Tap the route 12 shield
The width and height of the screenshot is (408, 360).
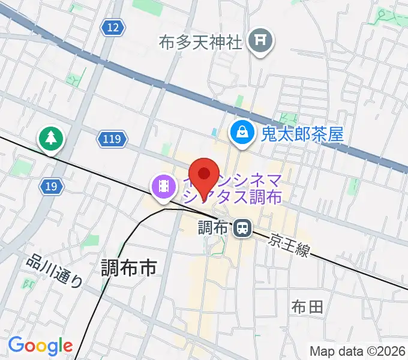(113, 27)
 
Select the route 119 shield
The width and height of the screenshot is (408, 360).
(112, 140)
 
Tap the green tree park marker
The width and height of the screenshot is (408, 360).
(52, 139)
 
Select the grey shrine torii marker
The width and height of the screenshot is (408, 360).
(262, 41)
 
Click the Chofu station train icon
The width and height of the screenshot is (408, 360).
(242, 228)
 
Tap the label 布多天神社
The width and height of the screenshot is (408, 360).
(200, 42)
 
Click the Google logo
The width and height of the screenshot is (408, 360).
(40, 346)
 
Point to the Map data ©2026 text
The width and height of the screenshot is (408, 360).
(358, 351)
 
